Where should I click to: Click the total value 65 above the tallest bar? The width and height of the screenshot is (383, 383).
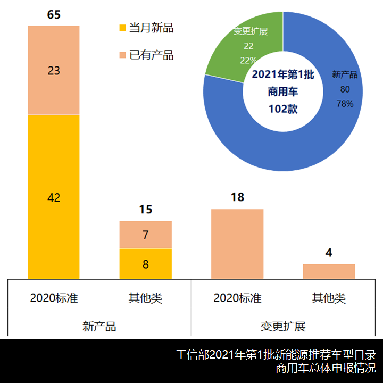coord(54,14)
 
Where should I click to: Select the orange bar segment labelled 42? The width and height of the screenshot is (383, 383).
coord(54,197)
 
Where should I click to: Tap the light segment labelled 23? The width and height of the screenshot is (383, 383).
coord(54,70)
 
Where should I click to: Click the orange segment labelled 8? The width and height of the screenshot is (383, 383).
coord(145,264)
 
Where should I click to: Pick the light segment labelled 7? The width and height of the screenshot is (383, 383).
coord(145,235)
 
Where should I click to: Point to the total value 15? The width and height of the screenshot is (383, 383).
coord(145,210)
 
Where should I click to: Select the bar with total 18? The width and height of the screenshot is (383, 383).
coord(237,244)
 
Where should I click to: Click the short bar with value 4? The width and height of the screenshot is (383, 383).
coord(329,271)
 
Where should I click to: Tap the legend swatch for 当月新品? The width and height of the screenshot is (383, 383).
coord(123,28)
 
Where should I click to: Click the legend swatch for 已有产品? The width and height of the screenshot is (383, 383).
coord(123,55)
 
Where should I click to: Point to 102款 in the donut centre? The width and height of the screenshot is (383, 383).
coord(283,109)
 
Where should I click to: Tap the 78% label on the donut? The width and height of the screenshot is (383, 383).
coord(345,104)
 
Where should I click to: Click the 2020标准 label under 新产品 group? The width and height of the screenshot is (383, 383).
coord(54,298)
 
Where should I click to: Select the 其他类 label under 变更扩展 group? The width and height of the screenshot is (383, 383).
coord(329,298)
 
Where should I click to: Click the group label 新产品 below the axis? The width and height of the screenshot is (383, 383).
coord(99,326)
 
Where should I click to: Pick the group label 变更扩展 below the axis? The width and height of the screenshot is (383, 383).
coord(283,326)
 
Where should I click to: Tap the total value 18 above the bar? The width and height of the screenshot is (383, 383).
coord(237,197)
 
